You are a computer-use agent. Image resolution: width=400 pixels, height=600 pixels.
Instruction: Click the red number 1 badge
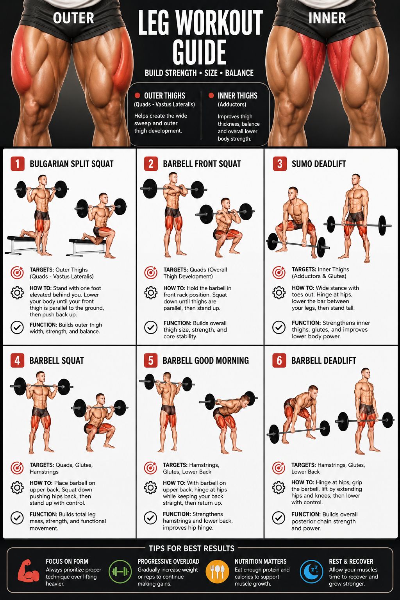pos(18,164)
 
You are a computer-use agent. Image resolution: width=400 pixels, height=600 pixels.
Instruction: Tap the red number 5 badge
pos(150,360)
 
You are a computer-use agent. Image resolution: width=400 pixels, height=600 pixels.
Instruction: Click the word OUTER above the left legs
pos(73,18)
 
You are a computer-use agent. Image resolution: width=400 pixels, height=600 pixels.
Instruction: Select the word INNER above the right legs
pos(327,18)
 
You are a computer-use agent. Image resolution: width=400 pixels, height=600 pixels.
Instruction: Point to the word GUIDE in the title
pos(200,52)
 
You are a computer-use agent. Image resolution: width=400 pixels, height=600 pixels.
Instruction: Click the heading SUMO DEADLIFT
pos(319,164)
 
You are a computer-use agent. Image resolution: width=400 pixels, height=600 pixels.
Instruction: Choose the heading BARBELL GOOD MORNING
pos(206,361)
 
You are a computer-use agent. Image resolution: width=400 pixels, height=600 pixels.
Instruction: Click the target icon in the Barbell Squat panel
pos(17,468)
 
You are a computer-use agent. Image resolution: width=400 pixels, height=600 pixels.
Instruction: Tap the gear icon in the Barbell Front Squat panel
pos(151,293)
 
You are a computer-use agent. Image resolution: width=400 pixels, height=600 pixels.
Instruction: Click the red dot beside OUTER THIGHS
pos(137,95)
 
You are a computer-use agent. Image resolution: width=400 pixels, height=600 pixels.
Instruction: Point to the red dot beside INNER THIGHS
pos(211,95)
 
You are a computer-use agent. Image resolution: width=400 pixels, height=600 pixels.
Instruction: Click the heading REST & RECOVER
pos(351,561)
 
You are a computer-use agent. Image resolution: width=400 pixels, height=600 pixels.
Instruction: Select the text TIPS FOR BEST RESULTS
pos(191,548)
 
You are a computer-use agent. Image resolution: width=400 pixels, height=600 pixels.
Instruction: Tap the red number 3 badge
pos(280,164)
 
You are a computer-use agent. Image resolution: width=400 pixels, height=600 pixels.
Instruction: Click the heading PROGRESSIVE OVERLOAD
pos(168,561)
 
